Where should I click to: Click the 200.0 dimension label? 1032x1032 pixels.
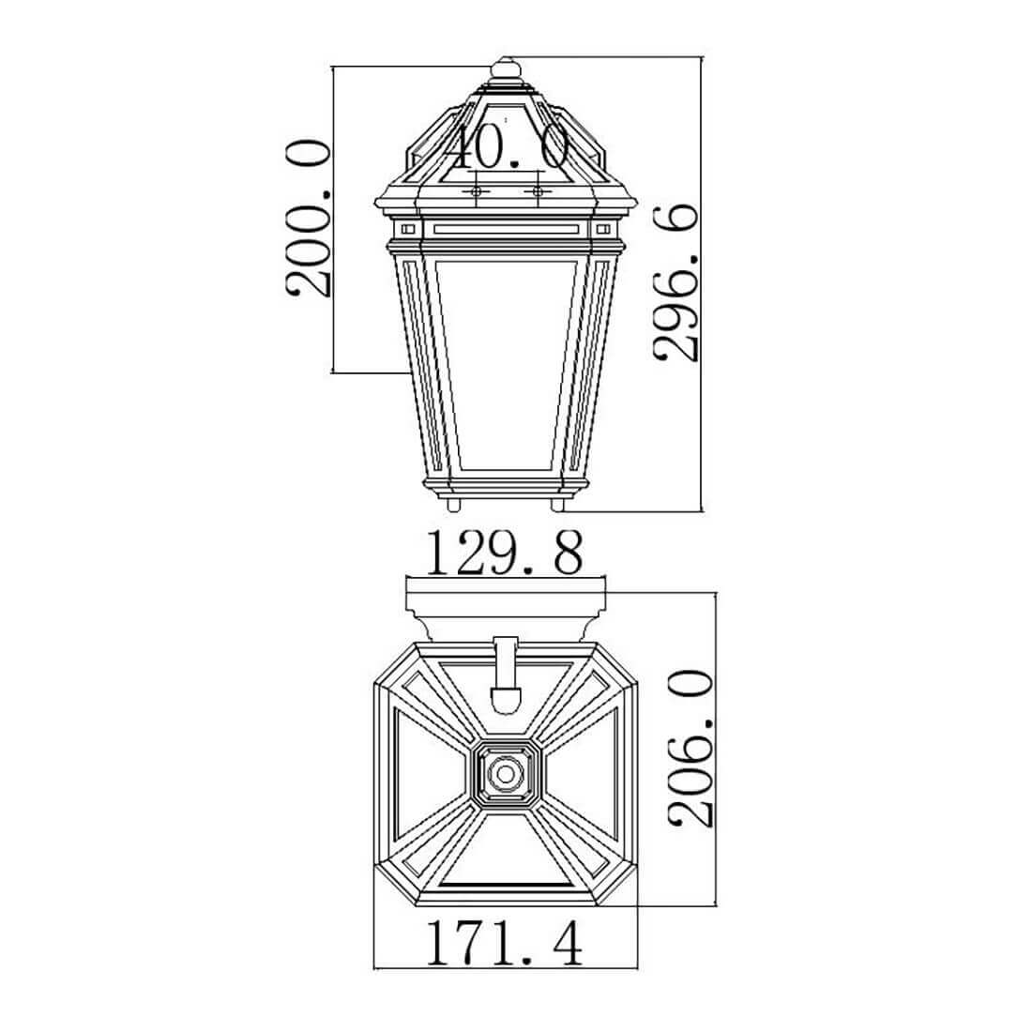308,218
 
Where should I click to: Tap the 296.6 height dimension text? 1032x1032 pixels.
675,283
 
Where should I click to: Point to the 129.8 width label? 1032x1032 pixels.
505,553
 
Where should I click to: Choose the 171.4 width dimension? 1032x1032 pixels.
505,943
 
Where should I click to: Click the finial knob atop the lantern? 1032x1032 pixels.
506,69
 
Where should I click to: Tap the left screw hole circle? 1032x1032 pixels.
476,190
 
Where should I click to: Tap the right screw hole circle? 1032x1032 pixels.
539,190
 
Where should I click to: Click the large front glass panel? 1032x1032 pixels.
506,364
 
